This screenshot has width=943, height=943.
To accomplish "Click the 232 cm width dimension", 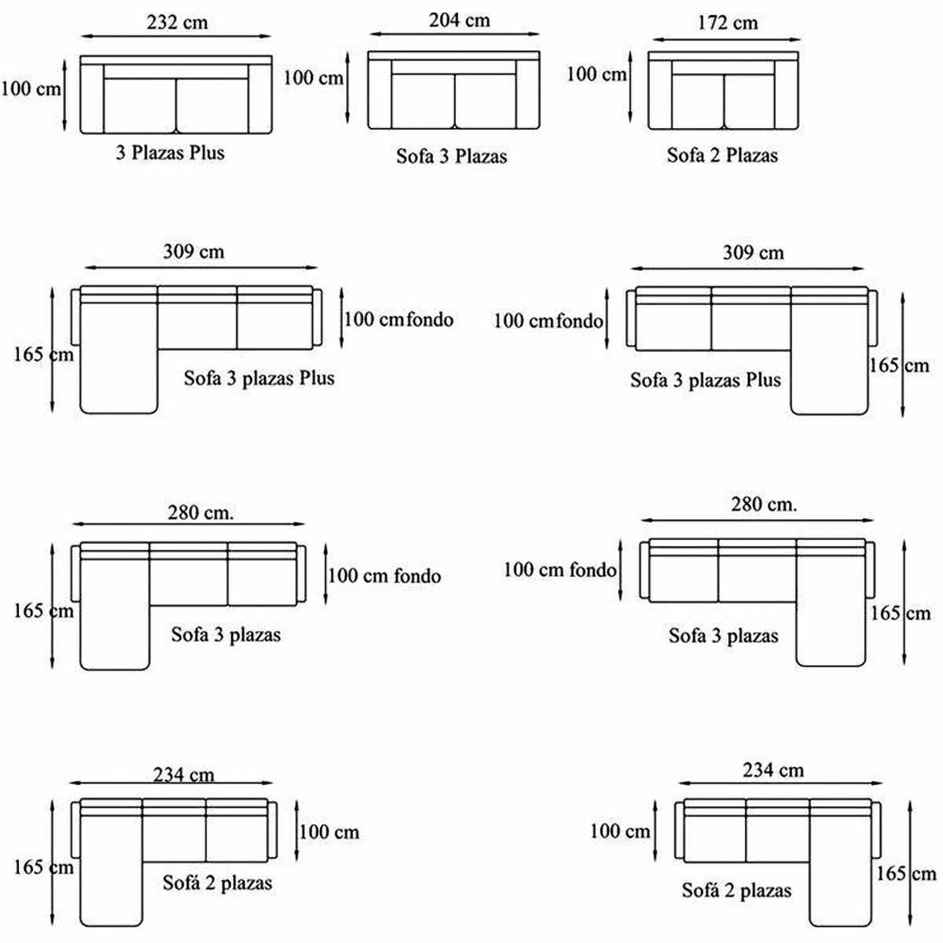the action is click(177, 23).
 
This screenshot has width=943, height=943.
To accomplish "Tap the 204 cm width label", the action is click(460, 20).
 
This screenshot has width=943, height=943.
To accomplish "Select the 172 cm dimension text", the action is click(728, 23).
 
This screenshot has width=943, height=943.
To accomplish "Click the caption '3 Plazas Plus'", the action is click(171, 152).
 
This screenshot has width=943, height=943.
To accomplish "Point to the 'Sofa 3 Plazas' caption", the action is click(452, 156).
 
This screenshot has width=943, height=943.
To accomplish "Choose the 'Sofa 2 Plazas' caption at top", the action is click(722, 155).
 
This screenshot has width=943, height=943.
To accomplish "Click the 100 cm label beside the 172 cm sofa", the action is click(596, 75).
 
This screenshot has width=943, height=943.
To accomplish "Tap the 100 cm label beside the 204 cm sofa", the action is click(314, 78).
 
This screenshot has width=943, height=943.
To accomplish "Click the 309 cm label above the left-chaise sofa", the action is click(193, 251).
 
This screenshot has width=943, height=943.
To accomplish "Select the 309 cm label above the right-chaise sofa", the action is click(754, 252).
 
